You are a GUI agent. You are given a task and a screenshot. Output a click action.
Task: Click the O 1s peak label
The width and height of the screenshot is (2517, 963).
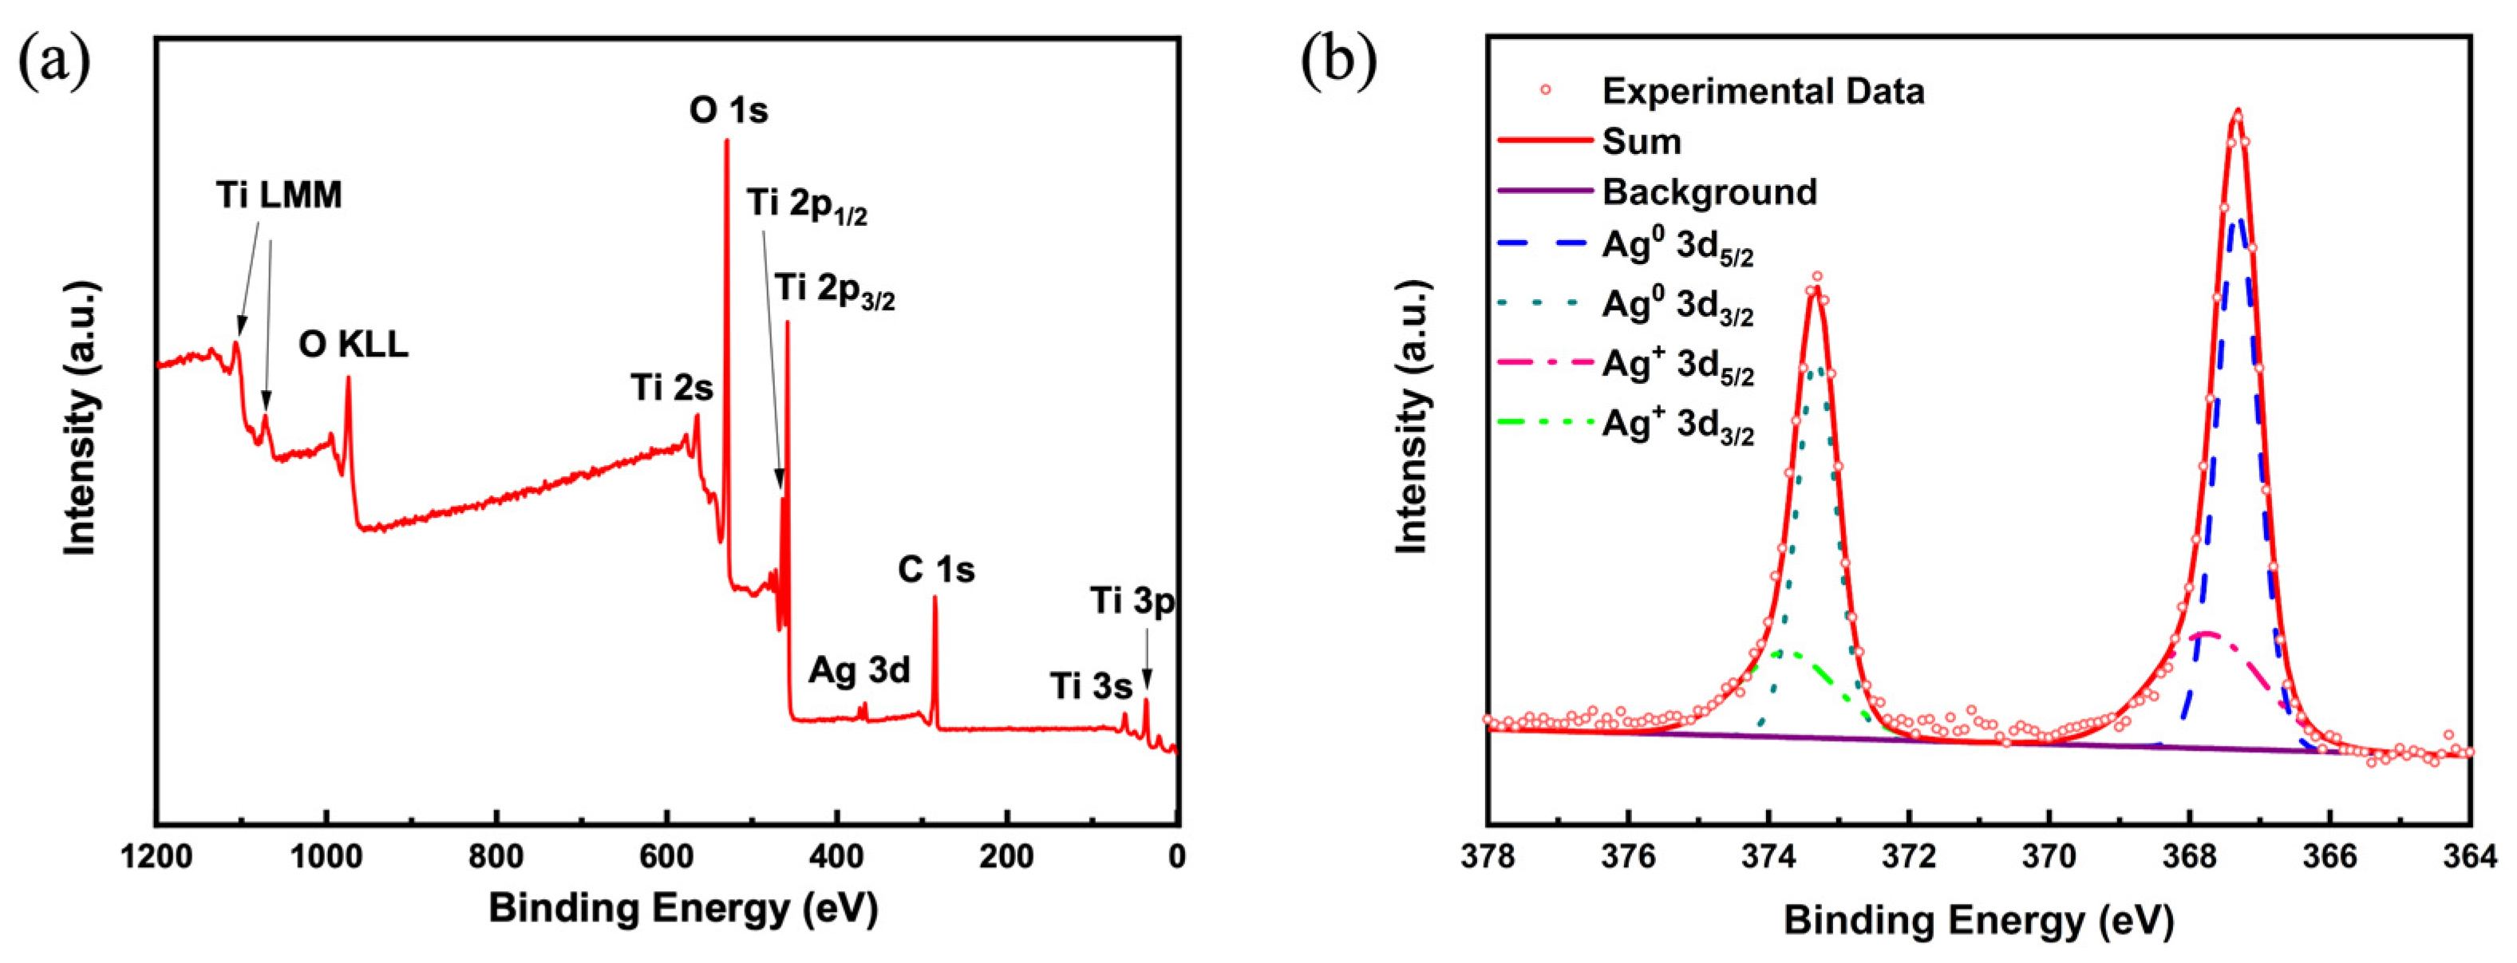pos(728,110)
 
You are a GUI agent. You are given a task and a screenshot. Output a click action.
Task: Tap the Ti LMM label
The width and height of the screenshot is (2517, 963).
pos(279,195)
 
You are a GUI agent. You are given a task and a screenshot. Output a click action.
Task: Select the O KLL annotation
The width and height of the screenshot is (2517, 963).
pos(353,345)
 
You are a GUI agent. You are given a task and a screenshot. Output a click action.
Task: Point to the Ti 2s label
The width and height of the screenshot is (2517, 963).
pos(671,389)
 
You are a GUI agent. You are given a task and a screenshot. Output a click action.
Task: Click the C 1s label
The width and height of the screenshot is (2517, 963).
pos(935,570)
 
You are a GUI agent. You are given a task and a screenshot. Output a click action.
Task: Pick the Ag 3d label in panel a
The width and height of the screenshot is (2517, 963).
pos(859,671)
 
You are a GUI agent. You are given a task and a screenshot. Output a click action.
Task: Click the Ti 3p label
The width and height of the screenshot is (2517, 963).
pos(1132,602)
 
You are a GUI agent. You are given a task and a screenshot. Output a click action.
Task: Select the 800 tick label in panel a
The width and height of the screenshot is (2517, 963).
pos(496,858)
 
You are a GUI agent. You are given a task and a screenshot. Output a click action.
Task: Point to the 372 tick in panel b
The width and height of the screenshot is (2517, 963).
pos(1908,858)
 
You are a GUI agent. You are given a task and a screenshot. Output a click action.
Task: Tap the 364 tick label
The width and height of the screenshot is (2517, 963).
pos(2469,858)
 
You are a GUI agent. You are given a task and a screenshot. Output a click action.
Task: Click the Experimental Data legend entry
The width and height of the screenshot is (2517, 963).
pos(1762,91)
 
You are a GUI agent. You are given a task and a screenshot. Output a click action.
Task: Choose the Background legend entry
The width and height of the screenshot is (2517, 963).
pos(1709,191)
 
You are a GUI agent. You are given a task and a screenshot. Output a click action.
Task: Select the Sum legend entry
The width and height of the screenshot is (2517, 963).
pos(1641,142)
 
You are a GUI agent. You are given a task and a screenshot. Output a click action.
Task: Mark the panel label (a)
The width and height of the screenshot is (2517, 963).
pos(55,61)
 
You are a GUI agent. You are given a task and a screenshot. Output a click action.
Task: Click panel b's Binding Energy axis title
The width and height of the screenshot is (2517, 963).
pos(1978,921)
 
